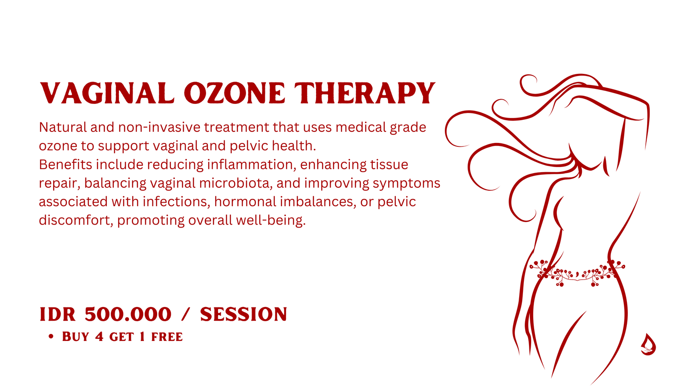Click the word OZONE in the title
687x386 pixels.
234,93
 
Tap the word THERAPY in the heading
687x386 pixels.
365,93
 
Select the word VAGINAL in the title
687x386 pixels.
107,93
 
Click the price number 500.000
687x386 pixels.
128,314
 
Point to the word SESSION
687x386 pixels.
243,314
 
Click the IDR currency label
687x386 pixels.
58,314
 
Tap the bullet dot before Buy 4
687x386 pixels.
51,337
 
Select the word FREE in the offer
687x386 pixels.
167,337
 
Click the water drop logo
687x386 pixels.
648,345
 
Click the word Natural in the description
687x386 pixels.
63,127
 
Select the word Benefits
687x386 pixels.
65,164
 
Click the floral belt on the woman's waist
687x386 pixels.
577,273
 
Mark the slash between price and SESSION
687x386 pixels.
186,314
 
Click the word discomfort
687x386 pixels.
75,220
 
